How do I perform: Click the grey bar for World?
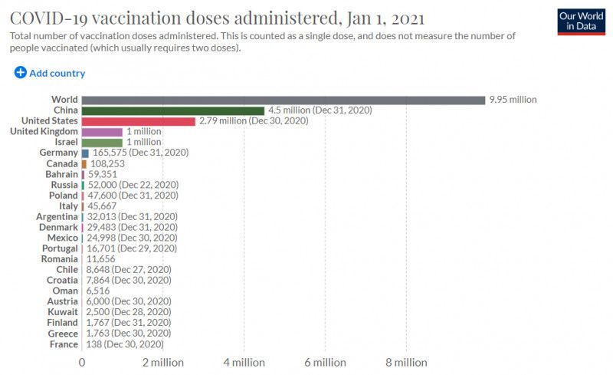[x=284, y=100]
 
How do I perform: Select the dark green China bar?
[x=173, y=110]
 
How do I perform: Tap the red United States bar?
[x=139, y=121]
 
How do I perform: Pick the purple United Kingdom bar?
[x=102, y=132]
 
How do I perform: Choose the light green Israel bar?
[x=102, y=143]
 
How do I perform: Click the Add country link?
[x=50, y=73]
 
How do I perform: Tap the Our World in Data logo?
[x=582, y=22]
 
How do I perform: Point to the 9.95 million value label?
[x=513, y=100]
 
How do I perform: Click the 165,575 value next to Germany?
[x=110, y=153]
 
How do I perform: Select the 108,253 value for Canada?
[x=107, y=163]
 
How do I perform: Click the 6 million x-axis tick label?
[x=325, y=363]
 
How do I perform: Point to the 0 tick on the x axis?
[x=82, y=363]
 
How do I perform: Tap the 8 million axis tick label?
[x=406, y=363]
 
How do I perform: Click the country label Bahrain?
[x=62, y=174]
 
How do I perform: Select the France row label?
[x=64, y=344]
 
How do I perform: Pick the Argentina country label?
[x=57, y=217]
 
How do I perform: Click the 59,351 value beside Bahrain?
[x=103, y=174]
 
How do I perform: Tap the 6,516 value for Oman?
[x=98, y=291]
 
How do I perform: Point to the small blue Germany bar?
[x=85, y=153]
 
